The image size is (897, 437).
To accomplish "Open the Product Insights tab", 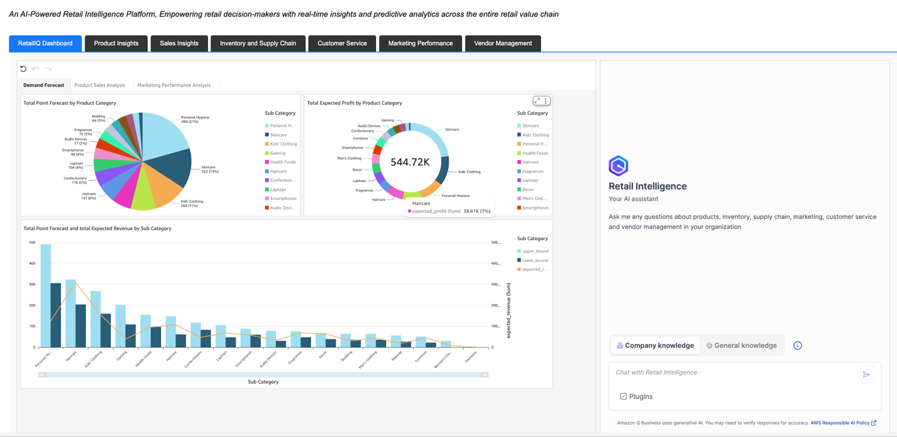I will [116, 43].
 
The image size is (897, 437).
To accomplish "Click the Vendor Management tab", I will [503, 43].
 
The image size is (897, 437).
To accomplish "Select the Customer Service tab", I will [342, 43].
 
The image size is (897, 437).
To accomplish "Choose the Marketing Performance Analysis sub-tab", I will [174, 85].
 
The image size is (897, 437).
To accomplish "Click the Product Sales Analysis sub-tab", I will [100, 85].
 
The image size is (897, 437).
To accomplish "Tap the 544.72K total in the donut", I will [410, 162].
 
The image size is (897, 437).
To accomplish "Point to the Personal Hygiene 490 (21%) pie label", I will [195, 119].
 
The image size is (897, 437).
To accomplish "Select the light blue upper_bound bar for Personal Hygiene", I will [46, 295].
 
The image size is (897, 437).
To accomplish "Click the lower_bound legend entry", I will [535, 260].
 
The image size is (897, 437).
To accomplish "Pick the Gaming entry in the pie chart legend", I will [278, 153].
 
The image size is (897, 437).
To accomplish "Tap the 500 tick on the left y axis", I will [32, 243].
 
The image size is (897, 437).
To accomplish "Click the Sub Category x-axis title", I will [263, 382].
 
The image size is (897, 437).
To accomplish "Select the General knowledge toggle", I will [742, 345].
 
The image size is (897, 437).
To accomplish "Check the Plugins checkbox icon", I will [623, 396].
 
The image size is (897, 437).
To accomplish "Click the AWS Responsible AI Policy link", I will [840, 423].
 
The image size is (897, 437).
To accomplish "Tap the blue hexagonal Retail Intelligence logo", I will [618, 166].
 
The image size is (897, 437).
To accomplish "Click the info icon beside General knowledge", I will [797, 345].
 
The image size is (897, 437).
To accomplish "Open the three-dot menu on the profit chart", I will [546, 101].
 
